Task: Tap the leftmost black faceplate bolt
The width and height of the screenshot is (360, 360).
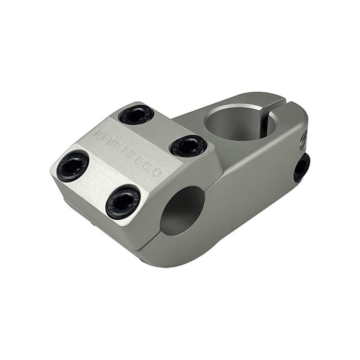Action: [x=73, y=166]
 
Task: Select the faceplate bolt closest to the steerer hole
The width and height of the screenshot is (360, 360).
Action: [x=188, y=146]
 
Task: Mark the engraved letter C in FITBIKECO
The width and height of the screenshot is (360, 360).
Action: [x=148, y=166]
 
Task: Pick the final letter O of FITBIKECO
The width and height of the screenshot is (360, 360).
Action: [x=157, y=172]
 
